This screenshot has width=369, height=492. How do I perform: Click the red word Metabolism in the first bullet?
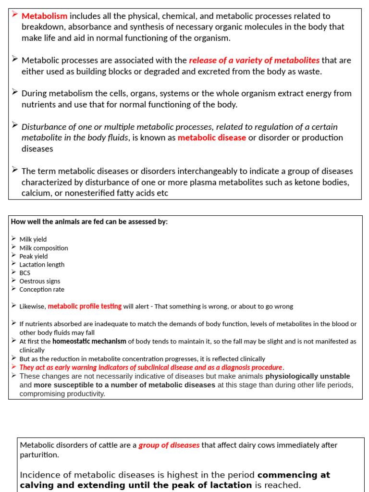tap(45, 16)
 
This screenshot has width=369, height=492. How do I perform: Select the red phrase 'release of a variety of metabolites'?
tap(254, 60)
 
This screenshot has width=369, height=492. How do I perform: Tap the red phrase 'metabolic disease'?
tap(212, 137)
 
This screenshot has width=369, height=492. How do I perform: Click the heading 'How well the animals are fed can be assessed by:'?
tap(89, 221)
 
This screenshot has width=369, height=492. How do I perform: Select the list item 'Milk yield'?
tap(33, 239)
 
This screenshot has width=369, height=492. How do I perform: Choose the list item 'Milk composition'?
tap(44, 248)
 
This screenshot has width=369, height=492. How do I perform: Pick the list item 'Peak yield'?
tap(34, 256)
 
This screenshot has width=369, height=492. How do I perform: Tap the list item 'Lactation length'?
tap(42, 264)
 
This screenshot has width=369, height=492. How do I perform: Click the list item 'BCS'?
tap(25, 273)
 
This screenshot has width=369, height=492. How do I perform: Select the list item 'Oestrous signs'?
tap(40, 281)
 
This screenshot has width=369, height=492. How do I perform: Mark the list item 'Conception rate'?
tap(42, 289)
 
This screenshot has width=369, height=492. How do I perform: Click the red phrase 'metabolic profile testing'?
tap(85, 306)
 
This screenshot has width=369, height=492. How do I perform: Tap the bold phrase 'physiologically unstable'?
tap(307, 376)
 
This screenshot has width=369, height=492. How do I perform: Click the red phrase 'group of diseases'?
tap(169, 445)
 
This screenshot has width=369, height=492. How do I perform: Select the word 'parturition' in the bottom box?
tap(39, 455)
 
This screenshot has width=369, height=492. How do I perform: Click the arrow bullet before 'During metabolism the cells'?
tap(15, 92)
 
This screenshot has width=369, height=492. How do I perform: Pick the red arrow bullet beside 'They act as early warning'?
tap(14, 367)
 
